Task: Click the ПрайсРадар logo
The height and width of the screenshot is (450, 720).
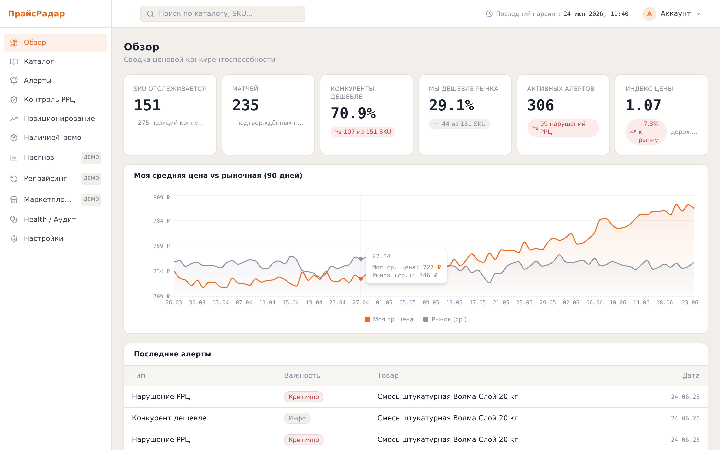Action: pos(36,14)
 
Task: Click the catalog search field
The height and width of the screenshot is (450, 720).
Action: pos(223,14)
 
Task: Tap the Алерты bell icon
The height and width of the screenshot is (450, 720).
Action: pos(14,81)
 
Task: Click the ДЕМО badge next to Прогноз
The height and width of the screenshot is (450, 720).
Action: pos(91,157)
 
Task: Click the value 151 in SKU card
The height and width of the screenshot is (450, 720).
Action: pos(147,105)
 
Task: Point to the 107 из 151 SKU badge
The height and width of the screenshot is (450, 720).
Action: pos(363,132)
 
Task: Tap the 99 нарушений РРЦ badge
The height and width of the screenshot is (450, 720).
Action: pos(563,128)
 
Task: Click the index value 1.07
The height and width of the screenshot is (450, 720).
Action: pos(643,105)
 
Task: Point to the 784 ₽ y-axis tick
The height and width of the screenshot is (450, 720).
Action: pos(161,221)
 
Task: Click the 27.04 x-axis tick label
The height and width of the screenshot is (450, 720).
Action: pos(360,303)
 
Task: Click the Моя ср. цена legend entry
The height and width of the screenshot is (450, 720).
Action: pos(389,319)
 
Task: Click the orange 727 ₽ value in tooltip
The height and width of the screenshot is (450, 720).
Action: pos(432,267)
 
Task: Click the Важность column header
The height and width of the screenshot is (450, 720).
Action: pos(302,375)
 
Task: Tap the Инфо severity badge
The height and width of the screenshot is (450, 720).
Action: pos(297,418)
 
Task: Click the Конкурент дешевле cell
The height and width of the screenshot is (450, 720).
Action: pos(169,418)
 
